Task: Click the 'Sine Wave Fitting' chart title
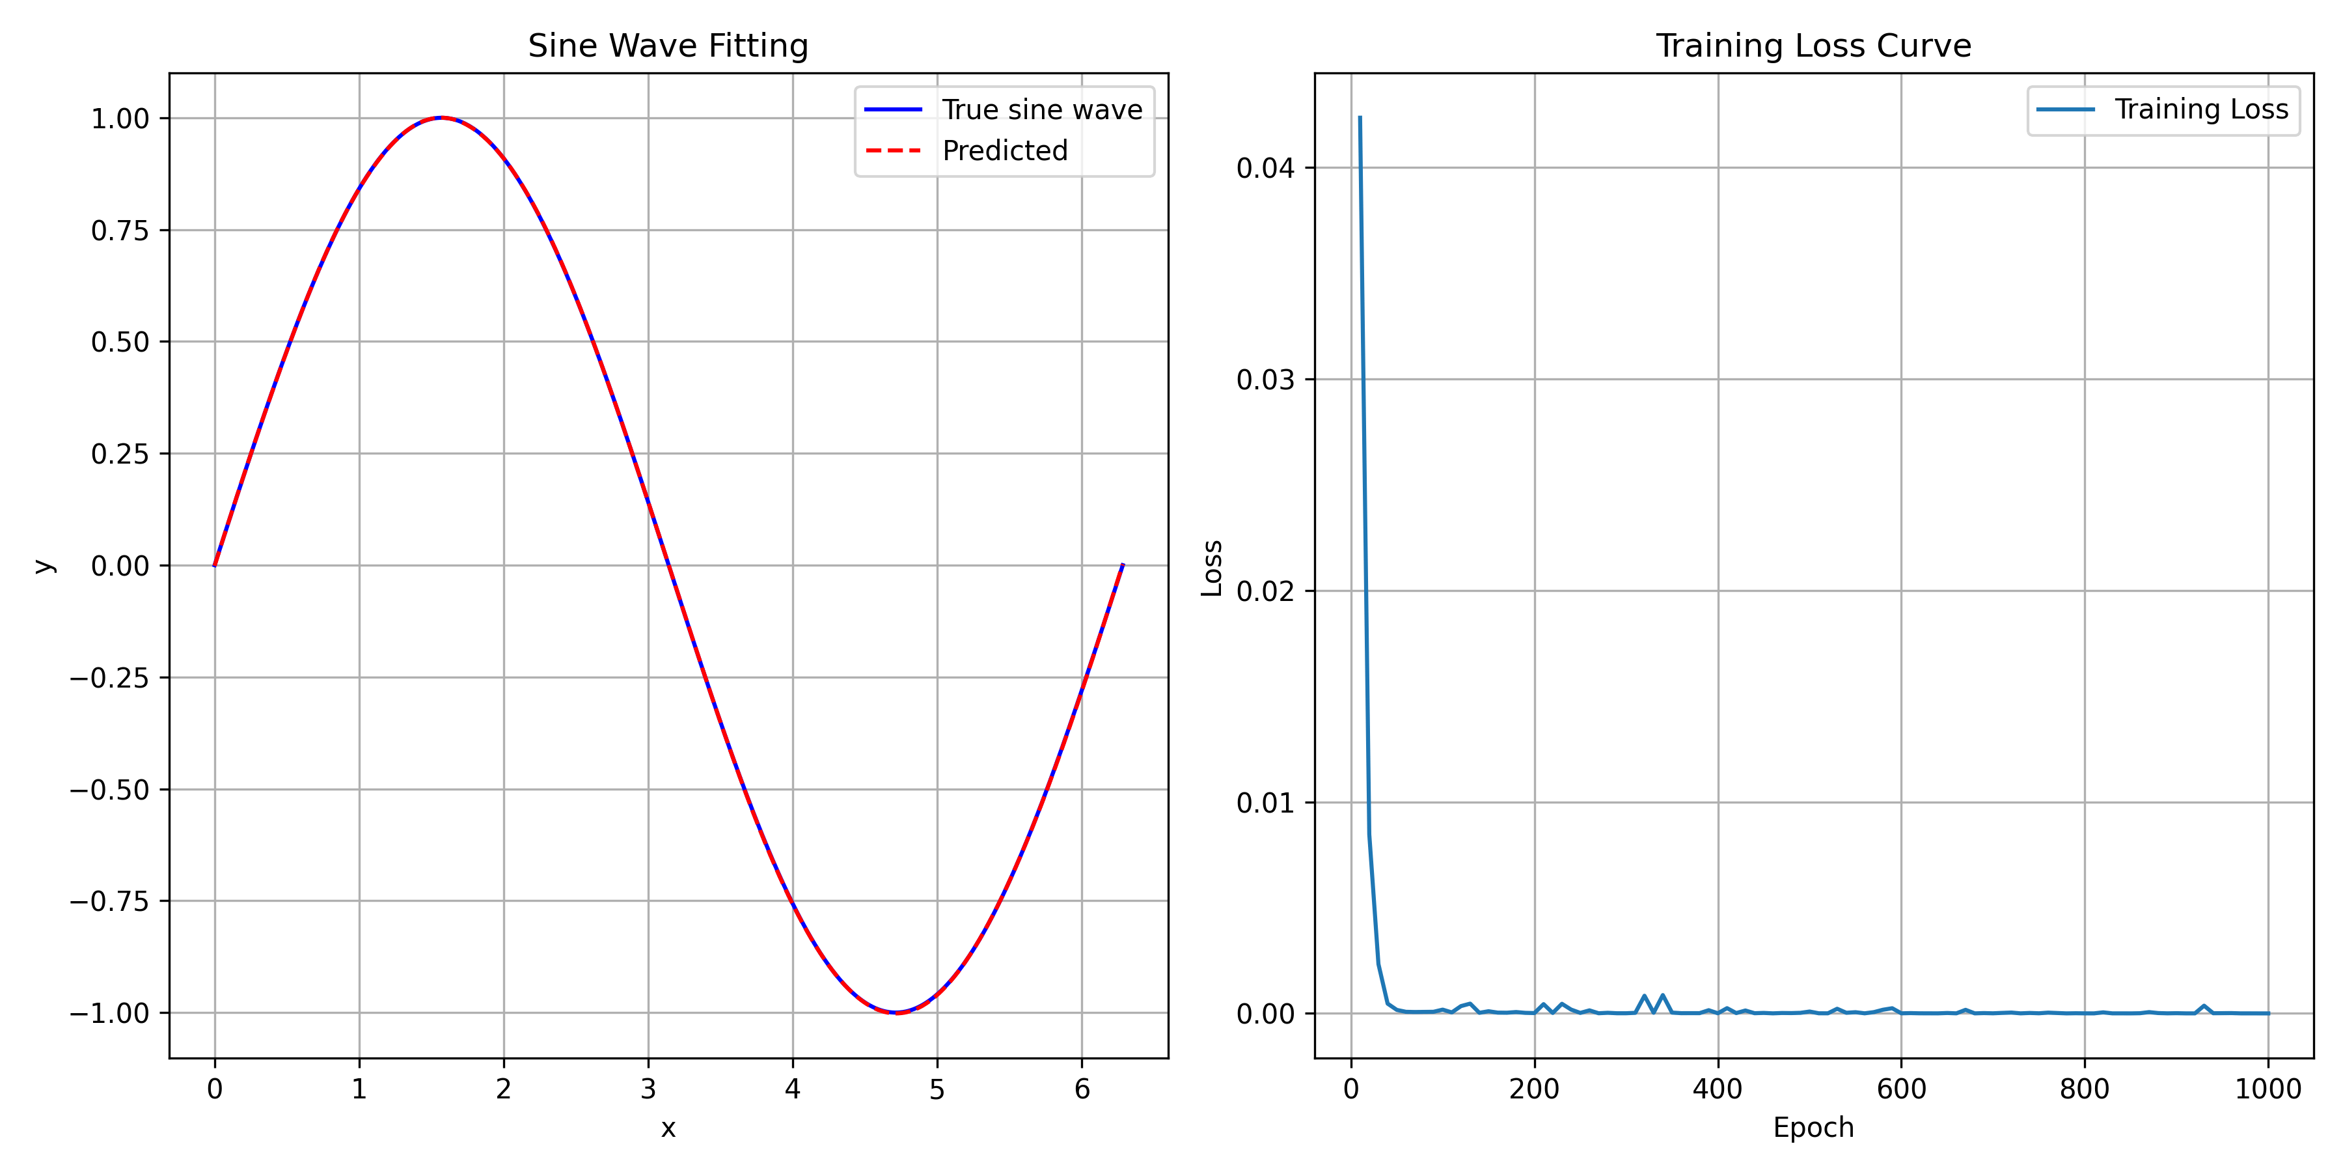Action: point(668,46)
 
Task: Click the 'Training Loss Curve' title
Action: point(1813,46)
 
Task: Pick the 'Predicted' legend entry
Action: point(1004,150)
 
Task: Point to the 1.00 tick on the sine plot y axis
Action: point(119,119)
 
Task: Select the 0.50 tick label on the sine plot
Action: point(119,342)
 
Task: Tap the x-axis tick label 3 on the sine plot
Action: point(648,1089)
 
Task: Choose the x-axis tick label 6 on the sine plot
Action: point(1082,1089)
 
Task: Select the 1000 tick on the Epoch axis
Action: point(2268,1089)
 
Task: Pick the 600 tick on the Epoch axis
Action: point(1901,1089)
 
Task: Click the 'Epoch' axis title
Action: point(1813,1128)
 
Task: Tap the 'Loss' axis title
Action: point(1211,568)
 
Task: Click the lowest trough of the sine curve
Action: point(896,1012)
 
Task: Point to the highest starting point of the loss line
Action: point(1360,117)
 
